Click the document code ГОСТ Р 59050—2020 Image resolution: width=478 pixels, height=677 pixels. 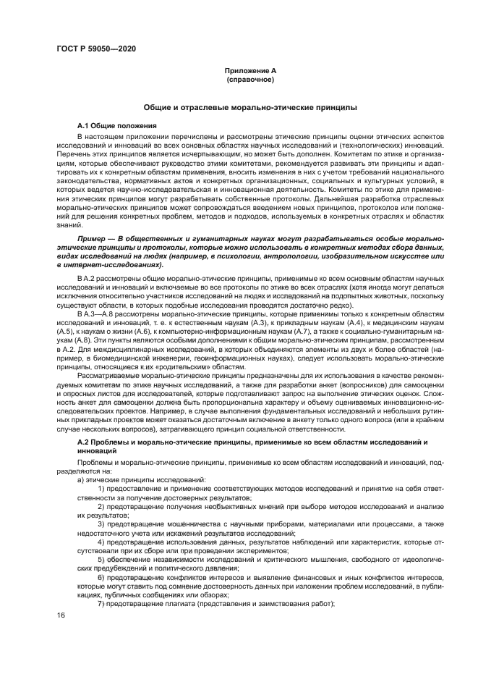point(97,48)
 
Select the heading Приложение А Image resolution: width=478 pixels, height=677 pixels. point(249,70)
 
